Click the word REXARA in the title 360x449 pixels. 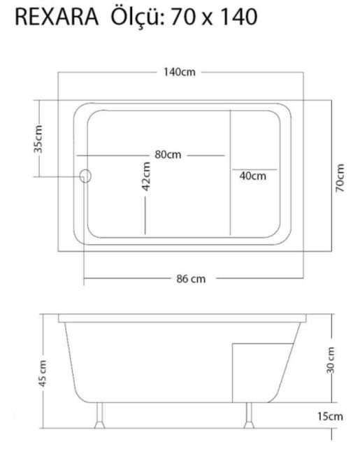(x=56, y=18)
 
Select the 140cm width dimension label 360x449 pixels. (x=180, y=72)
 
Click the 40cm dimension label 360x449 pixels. (x=253, y=176)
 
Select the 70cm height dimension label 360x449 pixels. (x=340, y=178)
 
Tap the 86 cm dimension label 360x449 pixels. (x=191, y=278)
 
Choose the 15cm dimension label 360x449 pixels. (x=331, y=416)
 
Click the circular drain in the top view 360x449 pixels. (x=85, y=176)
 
